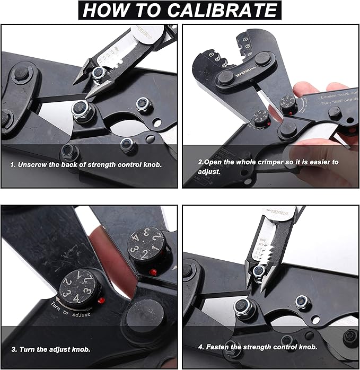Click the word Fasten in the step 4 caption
217,347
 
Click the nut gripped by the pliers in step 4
259,272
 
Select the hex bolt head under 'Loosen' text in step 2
335,112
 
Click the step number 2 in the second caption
200,162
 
